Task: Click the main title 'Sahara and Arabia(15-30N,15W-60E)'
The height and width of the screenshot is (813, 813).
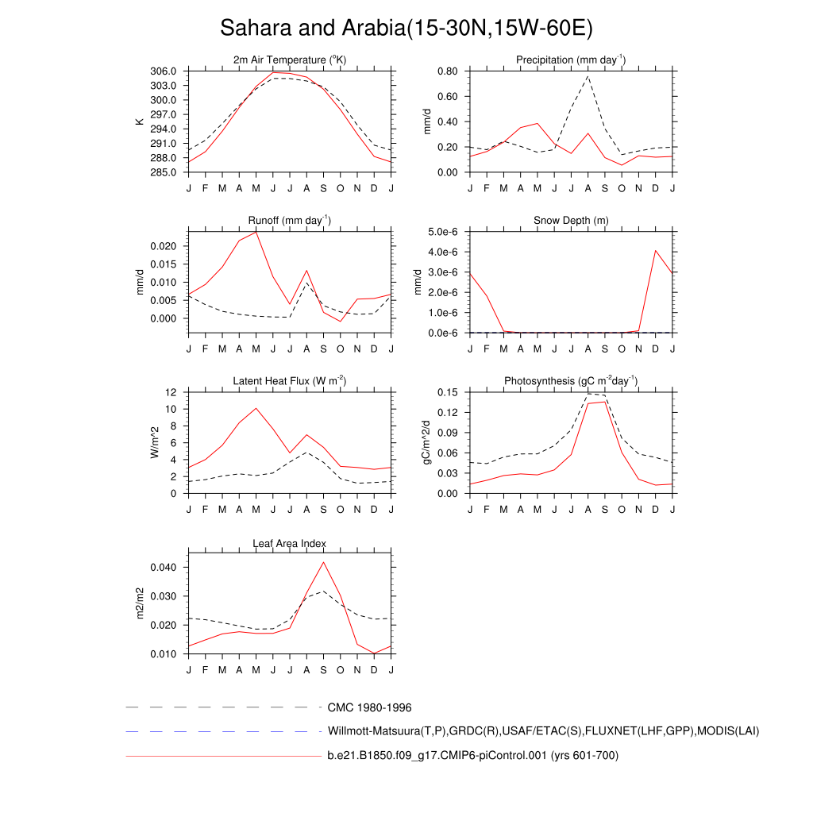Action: tap(406, 29)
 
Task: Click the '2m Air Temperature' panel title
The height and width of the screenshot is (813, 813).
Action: tap(290, 60)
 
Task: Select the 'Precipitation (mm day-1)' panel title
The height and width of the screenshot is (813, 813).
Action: tap(571, 60)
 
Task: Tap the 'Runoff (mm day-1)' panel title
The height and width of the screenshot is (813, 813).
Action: tap(290, 220)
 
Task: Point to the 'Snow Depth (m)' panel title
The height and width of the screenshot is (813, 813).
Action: tap(571, 220)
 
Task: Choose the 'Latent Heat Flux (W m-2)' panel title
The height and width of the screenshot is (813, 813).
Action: tap(290, 381)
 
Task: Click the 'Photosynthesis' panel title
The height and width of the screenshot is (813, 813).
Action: tap(571, 381)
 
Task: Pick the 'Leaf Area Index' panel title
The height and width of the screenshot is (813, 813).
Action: tap(290, 544)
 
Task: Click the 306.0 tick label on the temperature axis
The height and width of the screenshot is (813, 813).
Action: tap(164, 71)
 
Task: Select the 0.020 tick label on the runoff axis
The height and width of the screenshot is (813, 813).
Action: tap(165, 246)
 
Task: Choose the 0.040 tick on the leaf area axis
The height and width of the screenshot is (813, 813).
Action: tap(165, 568)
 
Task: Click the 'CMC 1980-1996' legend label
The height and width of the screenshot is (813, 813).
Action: tap(369, 707)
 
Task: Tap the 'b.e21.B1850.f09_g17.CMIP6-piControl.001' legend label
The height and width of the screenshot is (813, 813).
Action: tap(472, 756)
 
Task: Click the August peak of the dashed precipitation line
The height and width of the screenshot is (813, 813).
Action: tap(588, 76)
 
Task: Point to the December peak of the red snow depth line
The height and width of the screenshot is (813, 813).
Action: tap(656, 251)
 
